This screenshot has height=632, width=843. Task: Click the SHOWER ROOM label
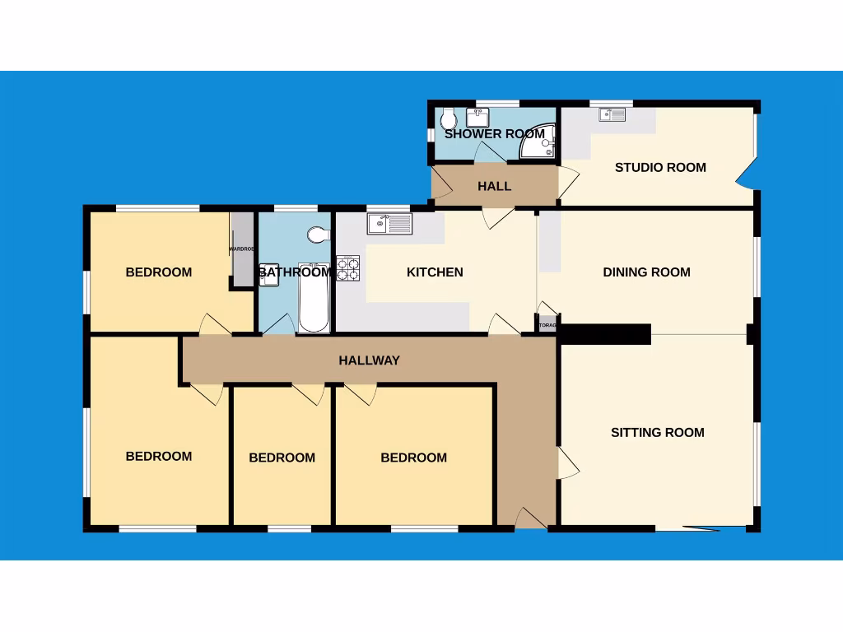495,133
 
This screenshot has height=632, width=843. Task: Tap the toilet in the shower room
448,114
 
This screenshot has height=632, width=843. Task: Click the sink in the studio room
613,114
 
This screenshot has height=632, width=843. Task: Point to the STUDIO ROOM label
660,167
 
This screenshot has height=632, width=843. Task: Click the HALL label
494,186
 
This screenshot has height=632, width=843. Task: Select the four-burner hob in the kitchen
347,268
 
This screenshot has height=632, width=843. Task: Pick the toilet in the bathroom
317,235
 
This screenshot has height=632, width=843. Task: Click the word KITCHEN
435,272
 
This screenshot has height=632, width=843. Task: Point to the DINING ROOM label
646,272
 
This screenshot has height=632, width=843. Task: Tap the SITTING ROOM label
657,432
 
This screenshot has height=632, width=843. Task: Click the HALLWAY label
370,360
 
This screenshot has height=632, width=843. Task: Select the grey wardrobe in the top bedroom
243,249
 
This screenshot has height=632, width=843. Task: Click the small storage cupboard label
547,325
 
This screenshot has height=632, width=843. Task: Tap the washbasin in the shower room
478,116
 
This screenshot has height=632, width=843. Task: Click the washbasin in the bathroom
269,277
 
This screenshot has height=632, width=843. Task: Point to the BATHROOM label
295,272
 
